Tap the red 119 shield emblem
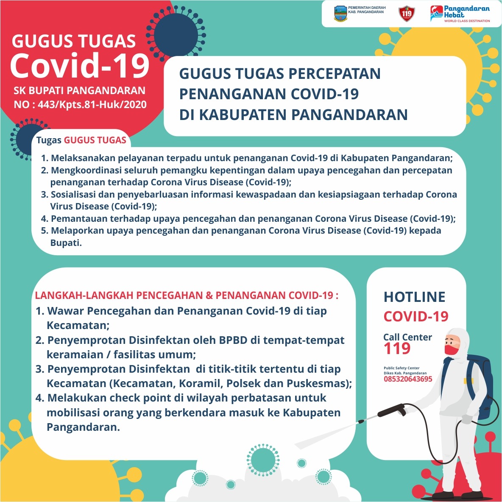pyautogui.click(x=406, y=14)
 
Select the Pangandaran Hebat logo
pyautogui.click(x=460, y=14)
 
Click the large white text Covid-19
pyautogui.click(x=80, y=66)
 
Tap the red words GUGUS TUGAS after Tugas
pyautogui.click(x=95, y=140)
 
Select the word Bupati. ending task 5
pyautogui.click(x=66, y=243)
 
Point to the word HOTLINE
pyautogui.click(x=414, y=297)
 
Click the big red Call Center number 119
pyautogui.click(x=397, y=349)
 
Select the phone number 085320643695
pyautogui.click(x=408, y=379)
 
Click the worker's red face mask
pyautogui.click(x=452, y=350)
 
